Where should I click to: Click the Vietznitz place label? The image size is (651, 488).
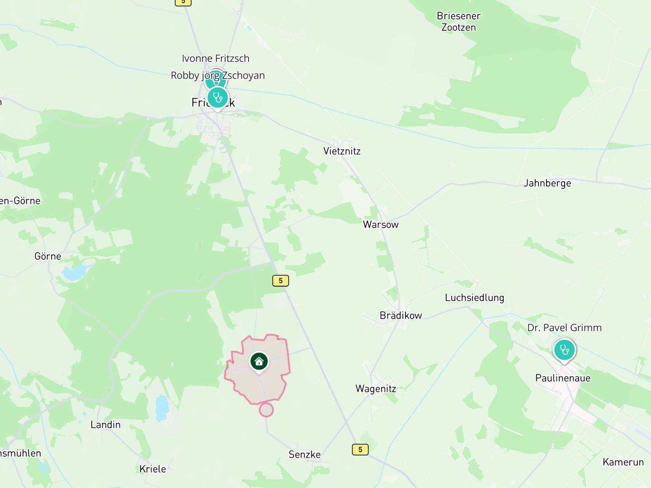(x=342, y=151)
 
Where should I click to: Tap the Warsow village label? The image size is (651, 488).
(x=381, y=225)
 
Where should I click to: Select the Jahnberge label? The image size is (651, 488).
(x=547, y=183)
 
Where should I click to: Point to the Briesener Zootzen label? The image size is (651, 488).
(x=458, y=22)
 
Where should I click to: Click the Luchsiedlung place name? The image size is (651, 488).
(x=474, y=297)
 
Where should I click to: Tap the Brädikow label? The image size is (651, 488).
(x=401, y=315)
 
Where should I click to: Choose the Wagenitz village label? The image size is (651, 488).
(x=376, y=389)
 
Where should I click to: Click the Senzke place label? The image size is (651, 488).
(x=304, y=455)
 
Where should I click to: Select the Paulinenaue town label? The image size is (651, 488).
(x=562, y=378)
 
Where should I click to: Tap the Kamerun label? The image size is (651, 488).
(x=623, y=462)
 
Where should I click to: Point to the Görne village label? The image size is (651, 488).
(x=47, y=256)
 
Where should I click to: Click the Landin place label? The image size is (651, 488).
(x=105, y=425)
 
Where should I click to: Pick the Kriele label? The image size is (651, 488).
(x=152, y=469)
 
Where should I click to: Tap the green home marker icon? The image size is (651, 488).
(x=259, y=361)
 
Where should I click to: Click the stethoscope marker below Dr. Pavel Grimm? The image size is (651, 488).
(x=564, y=350)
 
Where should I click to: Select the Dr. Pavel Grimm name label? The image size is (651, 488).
(x=564, y=328)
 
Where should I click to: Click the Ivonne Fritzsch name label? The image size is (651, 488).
(x=215, y=58)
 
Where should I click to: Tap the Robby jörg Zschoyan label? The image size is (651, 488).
(x=217, y=75)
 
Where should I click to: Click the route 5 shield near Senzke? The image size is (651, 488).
(x=360, y=450)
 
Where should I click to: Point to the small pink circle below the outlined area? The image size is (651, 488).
(x=266, y=410)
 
